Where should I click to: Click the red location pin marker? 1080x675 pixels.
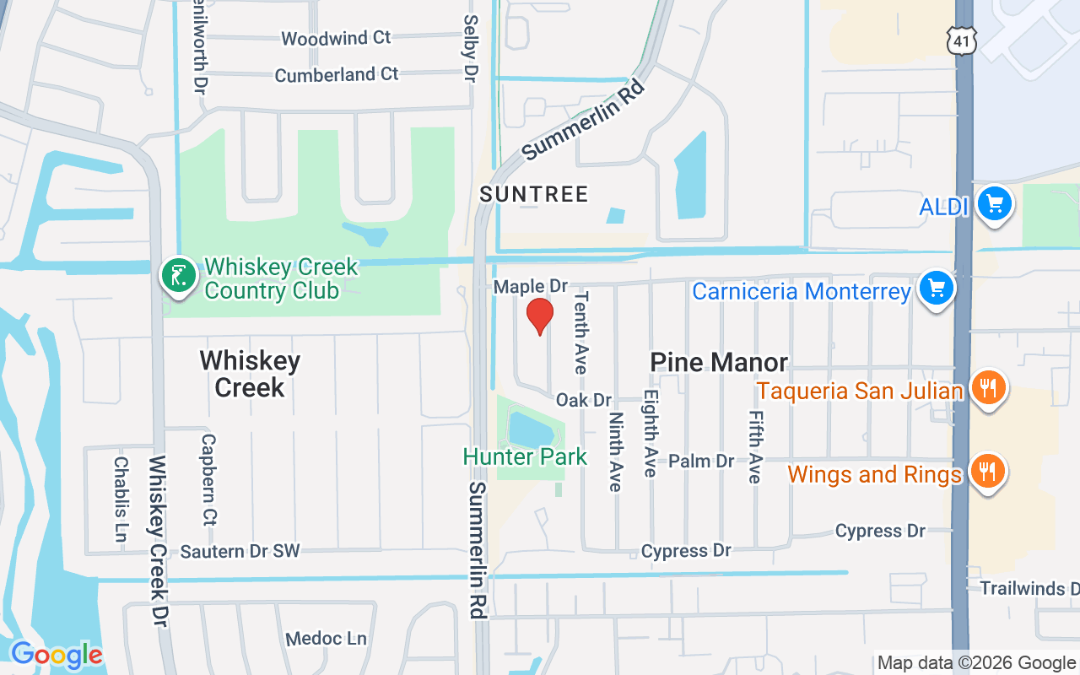point(539,316)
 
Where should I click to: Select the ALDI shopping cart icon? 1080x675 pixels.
point(995,204)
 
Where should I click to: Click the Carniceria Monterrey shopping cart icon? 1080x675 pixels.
point(936,289)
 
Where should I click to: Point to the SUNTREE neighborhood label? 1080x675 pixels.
point(533,194)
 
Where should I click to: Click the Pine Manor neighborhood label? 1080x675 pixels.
point(719,362)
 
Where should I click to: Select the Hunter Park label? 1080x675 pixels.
point(524,457)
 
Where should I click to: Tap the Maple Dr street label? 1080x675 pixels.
point(531,287)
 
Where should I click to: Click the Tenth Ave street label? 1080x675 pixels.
point(580,332)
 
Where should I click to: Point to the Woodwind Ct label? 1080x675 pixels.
point(336,38)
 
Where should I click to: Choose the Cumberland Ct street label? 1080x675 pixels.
point(336,74)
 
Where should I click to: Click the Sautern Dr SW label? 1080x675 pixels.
point(240,551)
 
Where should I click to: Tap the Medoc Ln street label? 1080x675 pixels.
point(326,638)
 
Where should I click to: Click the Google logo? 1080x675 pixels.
point(56,655)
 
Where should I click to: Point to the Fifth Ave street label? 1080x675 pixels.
point(754,447)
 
